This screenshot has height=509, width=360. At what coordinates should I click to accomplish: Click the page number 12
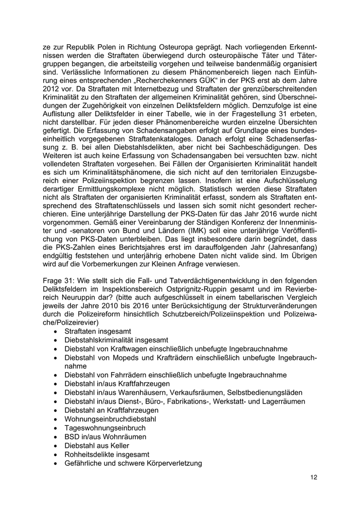[x=314, y=477]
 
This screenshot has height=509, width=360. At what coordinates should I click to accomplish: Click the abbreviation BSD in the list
[x=73, y=436]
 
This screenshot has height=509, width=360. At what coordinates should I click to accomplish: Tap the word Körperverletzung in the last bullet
[x=172, y=462]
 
